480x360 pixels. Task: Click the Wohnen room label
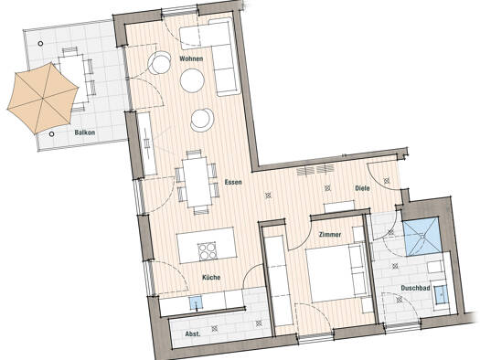[x=191, y=58]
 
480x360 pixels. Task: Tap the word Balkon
[x=85, y=132]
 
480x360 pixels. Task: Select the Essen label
[x=233, y=183]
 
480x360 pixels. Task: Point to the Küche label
[x=211, y=278]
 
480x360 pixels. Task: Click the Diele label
[x=362, y=188]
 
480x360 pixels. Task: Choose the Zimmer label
[x=330, y=235]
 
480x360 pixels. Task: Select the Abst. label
[x=193, y=334]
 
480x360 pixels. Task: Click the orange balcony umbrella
[x=43, y=98]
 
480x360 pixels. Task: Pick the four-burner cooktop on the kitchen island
[x=207, y=251]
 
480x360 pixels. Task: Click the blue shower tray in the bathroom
[x=422, y=237]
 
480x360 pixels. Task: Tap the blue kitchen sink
[x=196, y=302]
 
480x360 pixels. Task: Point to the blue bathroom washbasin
[x=441, y=294]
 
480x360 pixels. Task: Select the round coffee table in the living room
[x=192, y=80]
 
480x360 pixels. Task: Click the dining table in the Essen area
[x=197, y=183]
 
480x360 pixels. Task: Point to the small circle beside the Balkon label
[x=52, y=134]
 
